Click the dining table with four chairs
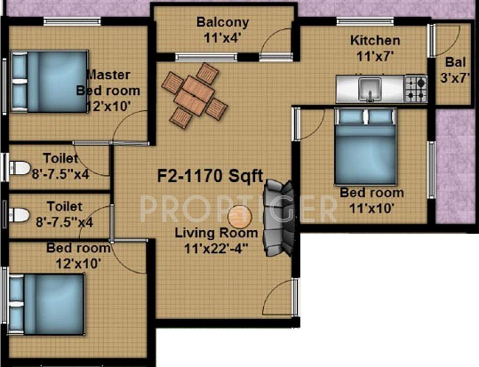point(194,95)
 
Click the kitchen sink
point(370,89)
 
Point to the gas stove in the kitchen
point(415,89)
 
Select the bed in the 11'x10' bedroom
point(365,146)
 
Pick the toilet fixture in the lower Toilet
point(20,215)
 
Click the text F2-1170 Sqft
point(210,176)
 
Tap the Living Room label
point(216,234)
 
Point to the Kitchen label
point(375,40)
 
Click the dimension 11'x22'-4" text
point(217,248)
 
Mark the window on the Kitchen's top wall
point(365,21)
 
